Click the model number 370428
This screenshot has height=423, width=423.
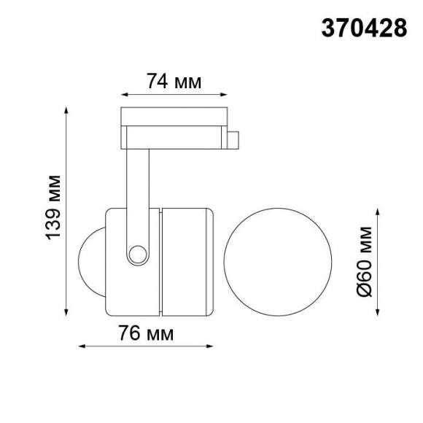pos(364,28)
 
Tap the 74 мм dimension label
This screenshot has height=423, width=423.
pos(173,82)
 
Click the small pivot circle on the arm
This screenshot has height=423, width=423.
pos(136,253)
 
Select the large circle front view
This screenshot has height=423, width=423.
pos(278,261)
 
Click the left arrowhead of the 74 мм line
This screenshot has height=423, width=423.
pos(123,94)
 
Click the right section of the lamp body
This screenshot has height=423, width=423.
pos(187,261)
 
